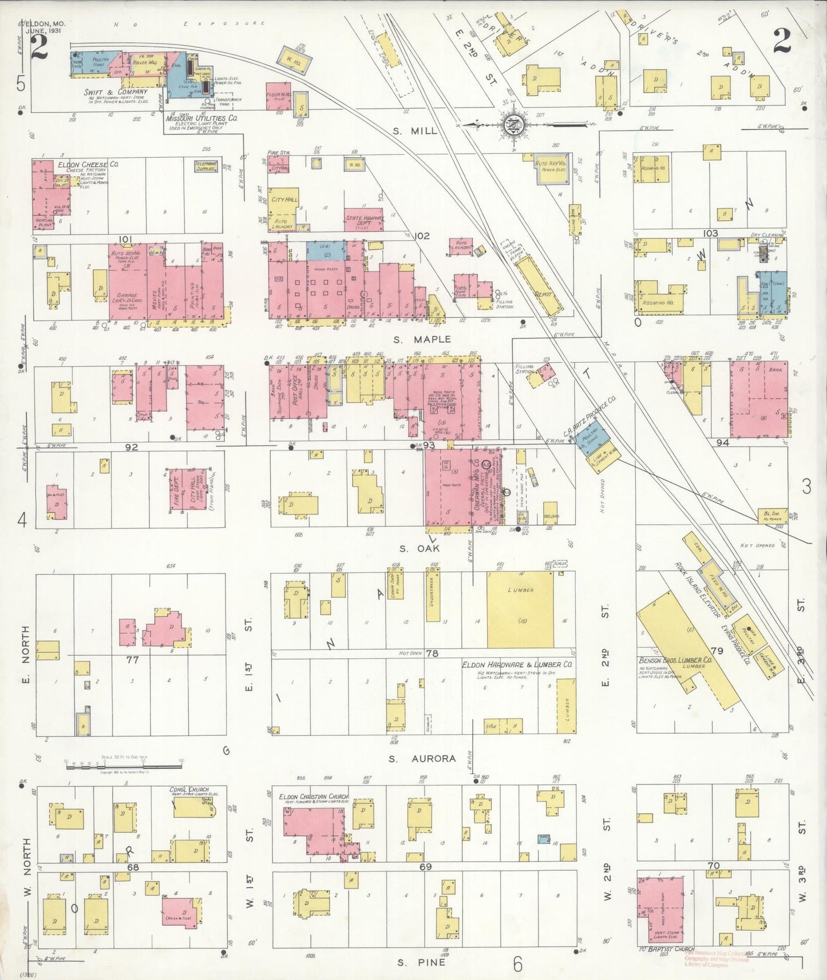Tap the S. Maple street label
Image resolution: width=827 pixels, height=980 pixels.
pyautogui.click(x=422, y=339)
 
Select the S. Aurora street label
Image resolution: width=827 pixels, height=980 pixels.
pyautogui.click(x=422, y=759)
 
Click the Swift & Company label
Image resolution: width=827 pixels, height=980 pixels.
pyautogui.click(x=116, y=91)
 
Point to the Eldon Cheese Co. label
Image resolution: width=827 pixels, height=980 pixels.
pyautogui.click(x=88, y=164)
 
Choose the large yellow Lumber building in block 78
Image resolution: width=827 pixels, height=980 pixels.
pyautogui.click(x=520, y=609)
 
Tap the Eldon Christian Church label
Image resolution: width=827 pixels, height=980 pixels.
pyautogui.click(x=313, y=796)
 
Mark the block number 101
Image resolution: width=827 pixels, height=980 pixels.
pyautogui.click(x=125, y=238)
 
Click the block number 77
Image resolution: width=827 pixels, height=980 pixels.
pyautogui.click(x=132, y=659)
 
